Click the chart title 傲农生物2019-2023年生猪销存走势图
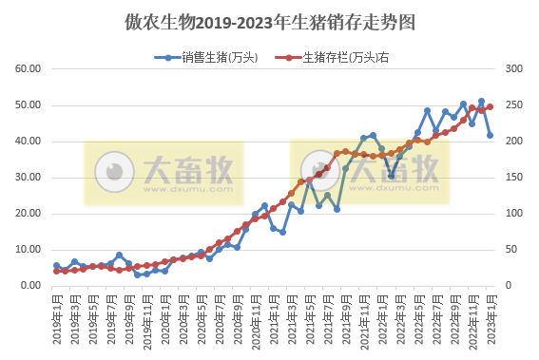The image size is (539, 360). [270, 20]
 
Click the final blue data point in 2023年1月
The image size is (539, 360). [491, 135]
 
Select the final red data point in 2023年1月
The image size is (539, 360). [491, 107]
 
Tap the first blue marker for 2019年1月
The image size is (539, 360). [56, 266]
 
